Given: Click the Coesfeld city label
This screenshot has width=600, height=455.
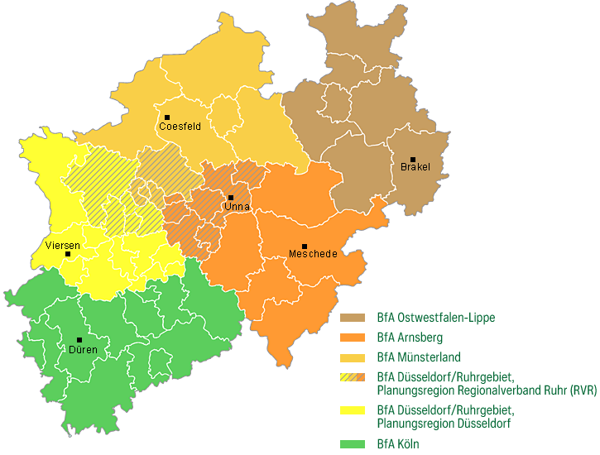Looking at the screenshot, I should pos(180,127).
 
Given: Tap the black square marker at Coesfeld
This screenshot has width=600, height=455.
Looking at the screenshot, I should pos(167,117).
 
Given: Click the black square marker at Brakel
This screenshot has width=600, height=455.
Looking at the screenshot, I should pos(413,160).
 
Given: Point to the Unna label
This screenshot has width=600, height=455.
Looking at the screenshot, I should pos(237,207).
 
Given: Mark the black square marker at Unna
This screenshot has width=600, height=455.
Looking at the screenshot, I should pos(231,198).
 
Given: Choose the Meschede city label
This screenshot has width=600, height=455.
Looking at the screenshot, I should pos(312,254).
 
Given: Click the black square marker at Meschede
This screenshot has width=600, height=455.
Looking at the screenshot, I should pos(305,247).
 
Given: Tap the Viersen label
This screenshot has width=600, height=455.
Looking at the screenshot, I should pos(63,246).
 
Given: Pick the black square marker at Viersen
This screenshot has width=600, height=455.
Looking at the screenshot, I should pos(68,254).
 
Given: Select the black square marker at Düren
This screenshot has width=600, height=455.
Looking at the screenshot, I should pos(79,340).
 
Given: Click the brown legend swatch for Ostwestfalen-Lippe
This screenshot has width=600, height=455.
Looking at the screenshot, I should pos(353,318).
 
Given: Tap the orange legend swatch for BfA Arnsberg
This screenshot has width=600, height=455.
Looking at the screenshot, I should pos(353,338).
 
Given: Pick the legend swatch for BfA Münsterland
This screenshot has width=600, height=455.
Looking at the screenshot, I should pos(353,358).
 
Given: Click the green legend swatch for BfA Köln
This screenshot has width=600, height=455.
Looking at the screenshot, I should pos(353,444).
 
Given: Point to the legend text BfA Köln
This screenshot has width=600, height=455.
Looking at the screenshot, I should pos(398,444).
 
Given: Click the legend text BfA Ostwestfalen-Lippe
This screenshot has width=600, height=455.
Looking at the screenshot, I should pos(435,318).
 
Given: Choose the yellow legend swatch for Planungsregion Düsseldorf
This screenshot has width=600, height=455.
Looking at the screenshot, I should pos(353,411).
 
